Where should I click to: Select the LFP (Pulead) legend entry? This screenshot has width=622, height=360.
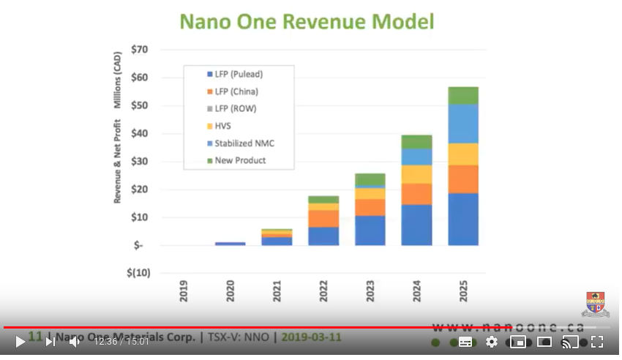tap(238, 75)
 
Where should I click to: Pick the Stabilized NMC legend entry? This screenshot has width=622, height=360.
tap(244, 143)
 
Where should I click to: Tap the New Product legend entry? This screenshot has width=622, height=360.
tap(240, 160)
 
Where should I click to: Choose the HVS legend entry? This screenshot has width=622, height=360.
tap(223, 126)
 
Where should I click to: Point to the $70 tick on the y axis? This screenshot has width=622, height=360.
tap(139, 50)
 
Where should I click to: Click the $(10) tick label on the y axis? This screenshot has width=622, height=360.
tap(138, 273)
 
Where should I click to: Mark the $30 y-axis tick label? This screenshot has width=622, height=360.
tap(139, 162)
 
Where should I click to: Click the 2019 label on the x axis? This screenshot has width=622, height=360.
tap(184, 291)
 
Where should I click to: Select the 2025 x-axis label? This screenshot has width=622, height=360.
tap(463, 291)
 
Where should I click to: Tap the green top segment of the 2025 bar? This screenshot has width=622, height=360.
tap(463, 95)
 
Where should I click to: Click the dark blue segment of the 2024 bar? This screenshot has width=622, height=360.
tap(416, 225)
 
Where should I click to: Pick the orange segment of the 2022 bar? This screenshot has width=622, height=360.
tap(323, 218)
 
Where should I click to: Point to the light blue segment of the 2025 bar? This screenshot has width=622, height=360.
tap(463, 124)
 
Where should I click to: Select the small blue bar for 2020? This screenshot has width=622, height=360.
tap(231, 243)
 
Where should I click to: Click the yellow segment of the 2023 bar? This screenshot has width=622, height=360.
tap(370, 193)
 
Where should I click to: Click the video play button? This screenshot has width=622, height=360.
tap(20, 342)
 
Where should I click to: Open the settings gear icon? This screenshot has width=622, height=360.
tap(492, 342)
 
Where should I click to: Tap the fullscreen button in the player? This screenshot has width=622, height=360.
tap(597, 342)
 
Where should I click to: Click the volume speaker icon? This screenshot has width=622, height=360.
tap(75, 342)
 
